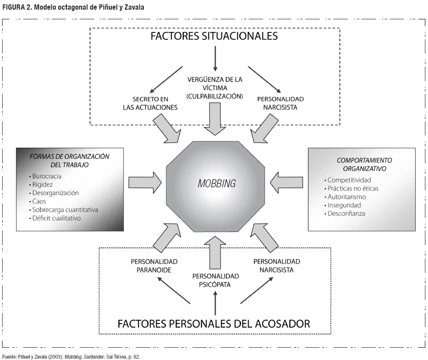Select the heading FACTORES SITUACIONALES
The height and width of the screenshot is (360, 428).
[x=214, y=36]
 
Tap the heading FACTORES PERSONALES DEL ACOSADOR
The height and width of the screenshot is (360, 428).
[x=214, y=324]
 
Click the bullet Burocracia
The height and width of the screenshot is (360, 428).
[x=47, y=176]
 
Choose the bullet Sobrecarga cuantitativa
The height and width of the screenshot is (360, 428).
[x=65, y=210]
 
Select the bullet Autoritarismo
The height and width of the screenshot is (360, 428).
[x=346, y=197]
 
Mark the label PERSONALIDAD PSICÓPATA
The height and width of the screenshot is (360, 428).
[x=215, y=280]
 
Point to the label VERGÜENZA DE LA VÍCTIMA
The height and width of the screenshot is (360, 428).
[x=215, y=84]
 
